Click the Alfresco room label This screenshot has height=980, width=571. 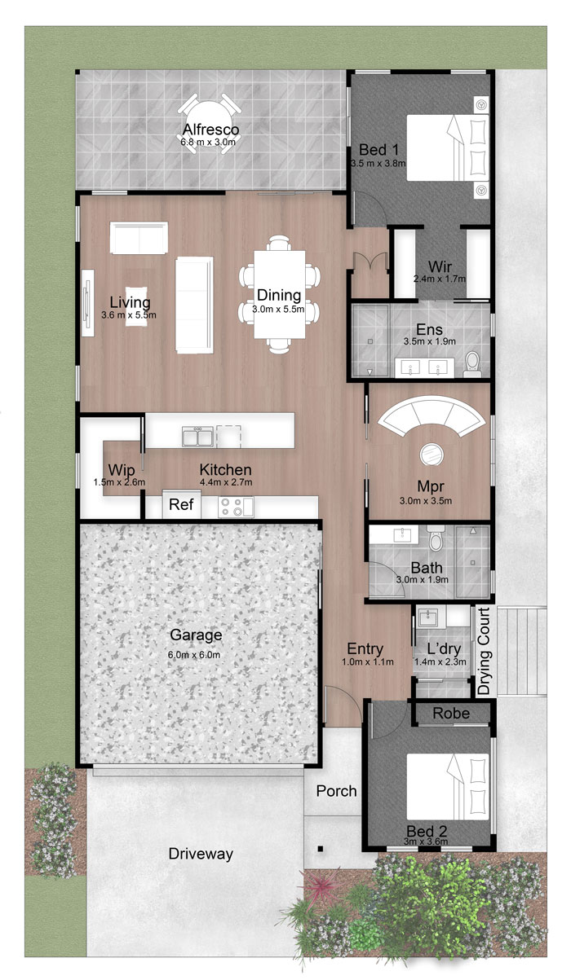click(210, 130)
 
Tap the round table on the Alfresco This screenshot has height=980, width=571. click(210, 125)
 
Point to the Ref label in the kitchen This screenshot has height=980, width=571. click(181, 504)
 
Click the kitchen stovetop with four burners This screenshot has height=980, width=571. click(236, 507)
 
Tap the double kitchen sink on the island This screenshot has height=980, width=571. click(197, 437)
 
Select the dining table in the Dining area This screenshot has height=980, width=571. click(280, 294)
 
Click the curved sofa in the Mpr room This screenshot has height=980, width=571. click(432, 415)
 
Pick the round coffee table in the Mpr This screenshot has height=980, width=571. click(432, 454)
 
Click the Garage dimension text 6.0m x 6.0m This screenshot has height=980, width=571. click(193, 655)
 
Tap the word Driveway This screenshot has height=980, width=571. click(201, 854)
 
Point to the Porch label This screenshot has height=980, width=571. click(337, 791)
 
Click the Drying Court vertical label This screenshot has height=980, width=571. click(484, 651)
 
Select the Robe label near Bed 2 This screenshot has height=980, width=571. click(451, 714)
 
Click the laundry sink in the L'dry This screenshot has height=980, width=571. click(426, 617)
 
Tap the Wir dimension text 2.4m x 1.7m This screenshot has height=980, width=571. click(440, 279)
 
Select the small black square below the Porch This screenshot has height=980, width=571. click(321, 849)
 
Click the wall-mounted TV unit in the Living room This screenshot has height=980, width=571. click(87, 303)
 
